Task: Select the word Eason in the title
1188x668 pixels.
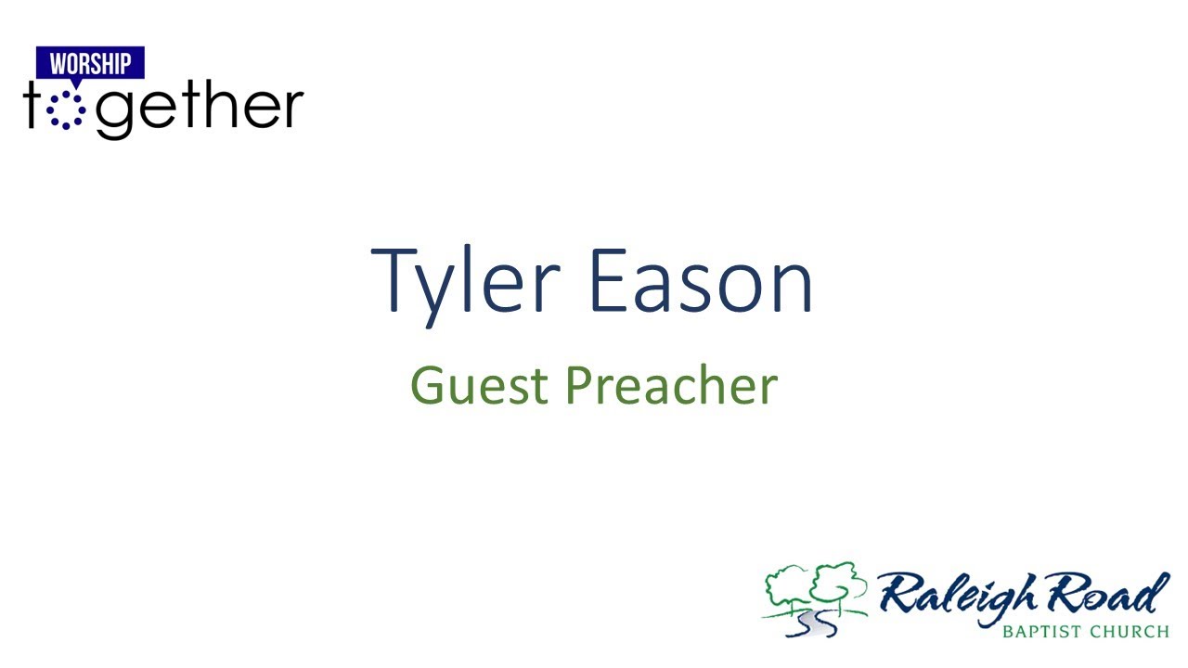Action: (702, 280)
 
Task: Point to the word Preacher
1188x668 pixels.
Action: (671, 386)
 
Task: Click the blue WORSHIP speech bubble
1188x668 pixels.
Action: (90, 64)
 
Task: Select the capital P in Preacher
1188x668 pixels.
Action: (577, 386)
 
